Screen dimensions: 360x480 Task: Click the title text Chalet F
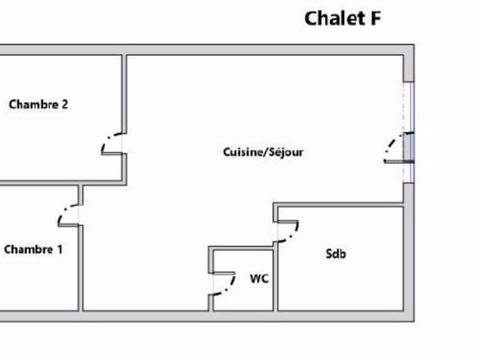click(x=341, y=18)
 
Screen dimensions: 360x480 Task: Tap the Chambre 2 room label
click(x=38, y=104)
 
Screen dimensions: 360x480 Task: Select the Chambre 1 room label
click(x=33, y=249)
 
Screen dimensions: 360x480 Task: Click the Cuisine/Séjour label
click(x=263, y=153)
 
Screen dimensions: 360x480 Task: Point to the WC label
click(x=258, y=279)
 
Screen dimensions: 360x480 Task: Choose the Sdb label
click(x=336, y=254)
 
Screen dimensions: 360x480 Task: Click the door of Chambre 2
click(x=112, y=146)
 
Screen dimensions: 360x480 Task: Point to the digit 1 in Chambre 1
click(x=59, y=249)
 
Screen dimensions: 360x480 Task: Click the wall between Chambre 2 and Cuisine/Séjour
click(x=125, y=90)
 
